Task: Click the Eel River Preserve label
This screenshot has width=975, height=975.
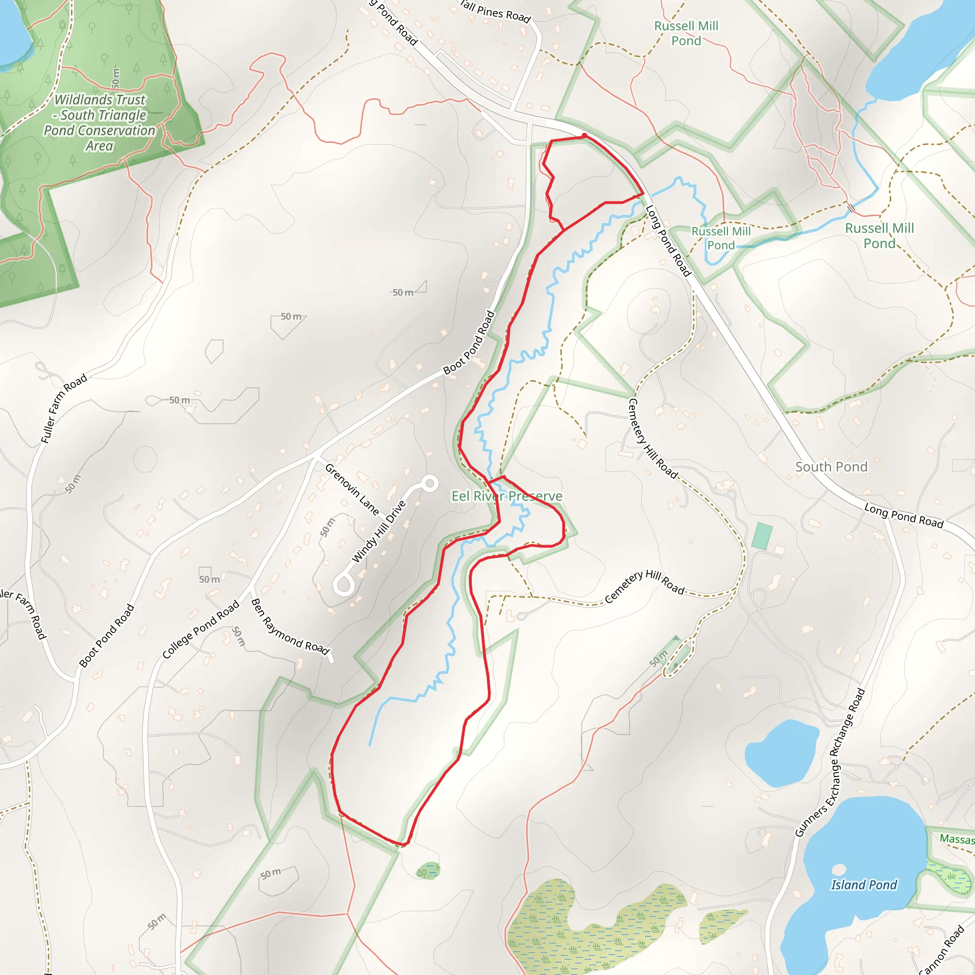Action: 506,496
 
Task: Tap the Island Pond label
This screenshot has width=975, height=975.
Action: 864,885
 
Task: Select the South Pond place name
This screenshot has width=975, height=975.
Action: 831,467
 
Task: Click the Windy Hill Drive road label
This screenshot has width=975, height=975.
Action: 378,531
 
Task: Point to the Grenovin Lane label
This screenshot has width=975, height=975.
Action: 352,489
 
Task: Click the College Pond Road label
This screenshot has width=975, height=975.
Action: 200,629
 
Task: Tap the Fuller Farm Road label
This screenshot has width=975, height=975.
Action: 64,409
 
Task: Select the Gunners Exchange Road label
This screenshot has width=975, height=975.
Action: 830,763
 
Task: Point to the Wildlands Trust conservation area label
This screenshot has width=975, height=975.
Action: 99,123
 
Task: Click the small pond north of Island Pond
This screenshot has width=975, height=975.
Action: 781,754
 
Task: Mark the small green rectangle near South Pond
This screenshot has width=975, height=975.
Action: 762,536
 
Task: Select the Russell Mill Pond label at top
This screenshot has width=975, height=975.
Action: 686,33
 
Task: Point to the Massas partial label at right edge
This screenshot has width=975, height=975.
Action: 956,839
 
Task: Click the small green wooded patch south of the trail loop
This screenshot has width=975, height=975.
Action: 428,871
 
